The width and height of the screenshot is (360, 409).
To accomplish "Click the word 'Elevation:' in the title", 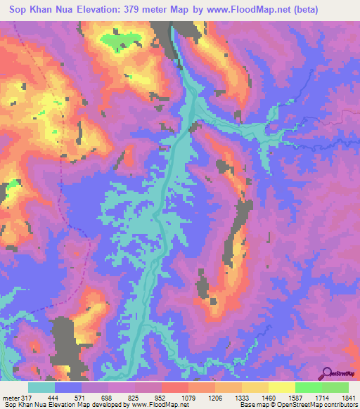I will pos(105,10).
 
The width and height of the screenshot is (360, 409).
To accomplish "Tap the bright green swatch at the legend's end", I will pos(336,387).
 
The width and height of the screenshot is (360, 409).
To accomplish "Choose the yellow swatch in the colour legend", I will pos(282,387).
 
